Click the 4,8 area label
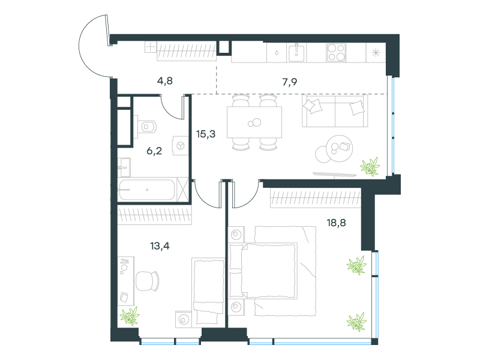coord(164,81)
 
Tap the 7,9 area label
coord(290,82)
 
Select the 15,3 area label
coord(206,134)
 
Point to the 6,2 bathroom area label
coord(154,151)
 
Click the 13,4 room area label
coord(160,246)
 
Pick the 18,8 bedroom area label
coord(336,223)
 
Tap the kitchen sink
coord(296,53)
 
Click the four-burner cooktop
coord(336,53)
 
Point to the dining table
coord(254,122)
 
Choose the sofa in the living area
coord(335,110)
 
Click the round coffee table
coord(339,148)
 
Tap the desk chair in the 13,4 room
coord(147,281)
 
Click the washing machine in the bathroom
coord(181,146)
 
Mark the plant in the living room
coord(370,167)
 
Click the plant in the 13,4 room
coord(130,316)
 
